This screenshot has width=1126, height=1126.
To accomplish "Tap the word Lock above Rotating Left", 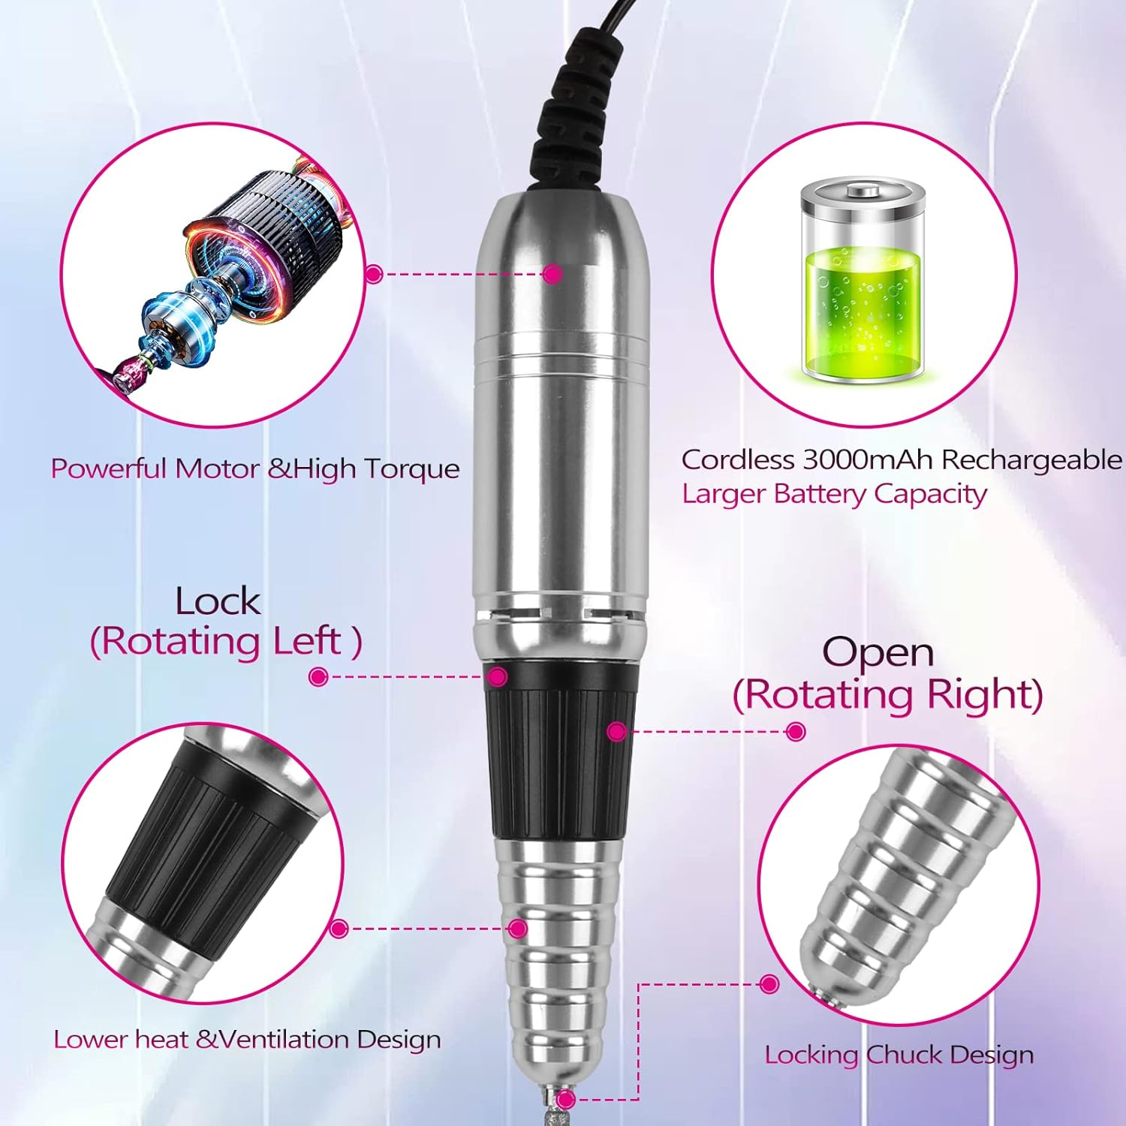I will point(218,601).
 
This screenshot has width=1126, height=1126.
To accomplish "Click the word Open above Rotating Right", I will point(878,652).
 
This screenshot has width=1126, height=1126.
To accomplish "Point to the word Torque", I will point(411,469).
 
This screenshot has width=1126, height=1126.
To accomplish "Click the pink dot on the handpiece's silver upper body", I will point(552,274).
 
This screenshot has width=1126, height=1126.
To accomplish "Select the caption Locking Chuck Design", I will point(899,1055).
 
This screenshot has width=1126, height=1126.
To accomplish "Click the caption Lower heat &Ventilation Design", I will point(247,1040).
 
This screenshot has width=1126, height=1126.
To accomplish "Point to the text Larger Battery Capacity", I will point(834,494).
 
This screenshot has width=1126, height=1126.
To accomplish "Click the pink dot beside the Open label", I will point(796,731).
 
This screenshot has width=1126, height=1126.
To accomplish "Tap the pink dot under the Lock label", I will point(318,677).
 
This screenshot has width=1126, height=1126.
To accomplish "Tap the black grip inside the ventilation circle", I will point(203,841).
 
